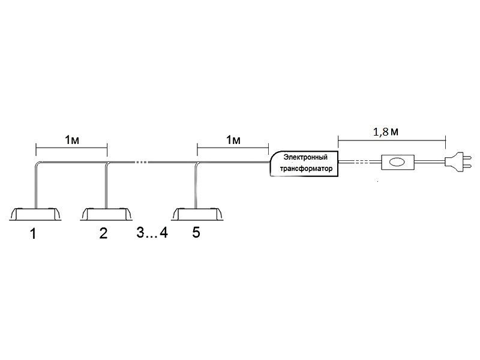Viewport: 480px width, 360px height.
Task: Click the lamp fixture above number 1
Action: pos(36,214)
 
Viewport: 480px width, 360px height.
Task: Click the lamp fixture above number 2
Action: pos(106,214)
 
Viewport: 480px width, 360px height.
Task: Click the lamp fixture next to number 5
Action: pos(196,214)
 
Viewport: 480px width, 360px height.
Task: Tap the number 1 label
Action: pos(33,234)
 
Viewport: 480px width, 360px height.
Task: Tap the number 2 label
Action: pos(103,234)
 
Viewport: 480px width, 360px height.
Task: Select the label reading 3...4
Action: pos(152,233)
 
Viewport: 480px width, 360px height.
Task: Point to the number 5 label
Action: pos(196,233)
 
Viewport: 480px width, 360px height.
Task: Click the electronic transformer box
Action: pos(305,163)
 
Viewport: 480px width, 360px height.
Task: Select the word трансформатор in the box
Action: pos(306,169)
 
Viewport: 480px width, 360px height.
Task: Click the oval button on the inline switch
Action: pos(397,161)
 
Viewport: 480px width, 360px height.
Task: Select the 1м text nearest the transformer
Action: pos(233,140)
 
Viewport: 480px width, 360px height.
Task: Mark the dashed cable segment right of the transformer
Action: pos(358,161)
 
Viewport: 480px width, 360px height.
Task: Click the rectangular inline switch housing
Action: pos(397,161)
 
